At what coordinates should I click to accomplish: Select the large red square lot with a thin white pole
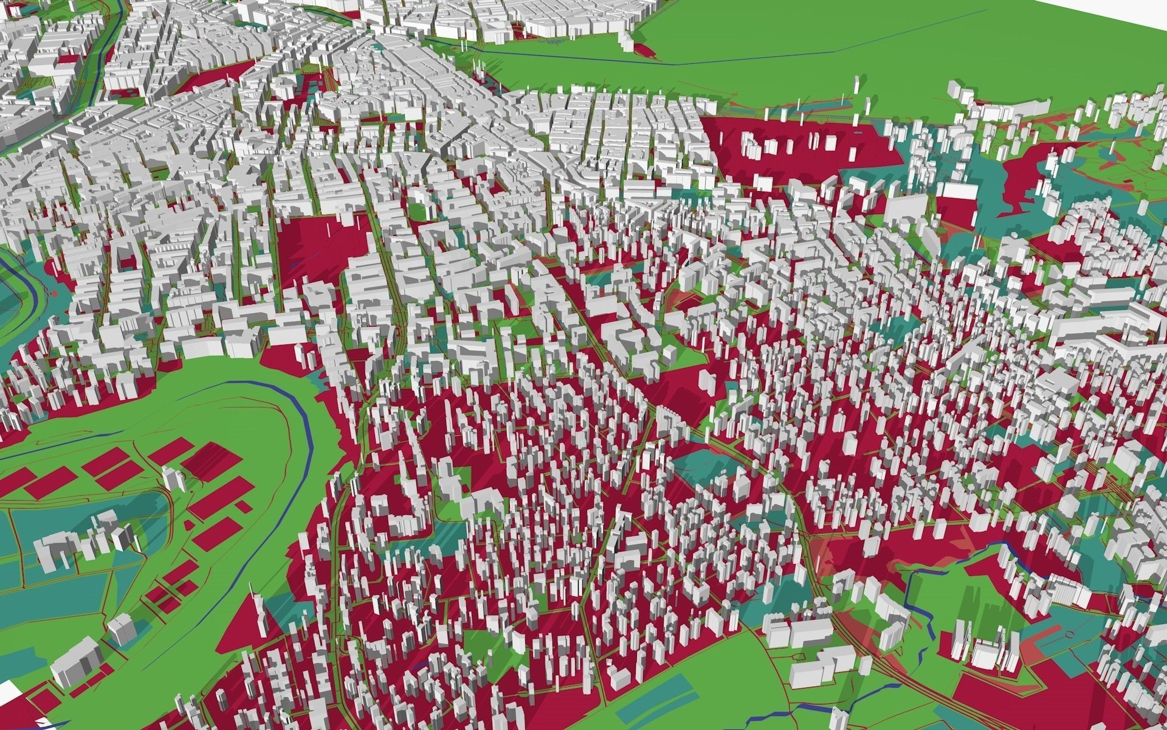point(322,243)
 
